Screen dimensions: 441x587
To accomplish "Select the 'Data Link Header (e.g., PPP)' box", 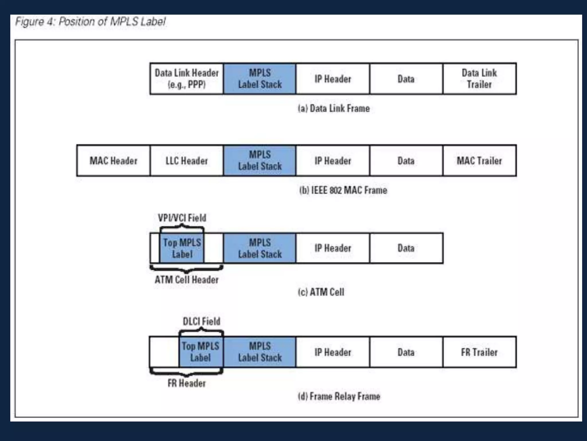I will click(187, 79).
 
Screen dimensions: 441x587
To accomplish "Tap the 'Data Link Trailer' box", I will click(479, 79).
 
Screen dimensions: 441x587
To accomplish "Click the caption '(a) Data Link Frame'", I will click(334, 109).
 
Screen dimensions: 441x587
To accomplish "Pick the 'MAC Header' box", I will click(114, 161).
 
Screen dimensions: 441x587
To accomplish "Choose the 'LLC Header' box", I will click(187, 161).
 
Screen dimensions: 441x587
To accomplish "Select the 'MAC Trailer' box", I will click(479, 161).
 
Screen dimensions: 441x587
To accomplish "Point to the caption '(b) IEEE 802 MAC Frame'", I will click(343, 190).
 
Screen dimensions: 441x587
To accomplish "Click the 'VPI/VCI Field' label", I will click(182, 218).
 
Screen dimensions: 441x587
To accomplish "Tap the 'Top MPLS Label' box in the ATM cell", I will click(182, 248).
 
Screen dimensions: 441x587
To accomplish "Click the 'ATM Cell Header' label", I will click(187, 280).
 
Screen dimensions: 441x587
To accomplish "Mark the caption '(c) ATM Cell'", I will click(321, 292).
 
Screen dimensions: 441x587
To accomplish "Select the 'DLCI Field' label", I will click(201, 321).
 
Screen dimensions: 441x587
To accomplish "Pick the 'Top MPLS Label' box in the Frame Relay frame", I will click(201, 352).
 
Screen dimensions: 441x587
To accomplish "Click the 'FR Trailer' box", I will click(479, 352).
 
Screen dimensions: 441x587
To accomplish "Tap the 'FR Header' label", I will click(187, 383).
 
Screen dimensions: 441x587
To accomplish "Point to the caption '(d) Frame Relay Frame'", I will click(339, 396).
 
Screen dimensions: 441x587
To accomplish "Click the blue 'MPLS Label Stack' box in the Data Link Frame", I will click(260, 79).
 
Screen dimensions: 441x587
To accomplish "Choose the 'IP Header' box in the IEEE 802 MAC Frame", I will click(333, 161).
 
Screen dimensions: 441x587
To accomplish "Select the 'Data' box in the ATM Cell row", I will click(406, 248).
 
